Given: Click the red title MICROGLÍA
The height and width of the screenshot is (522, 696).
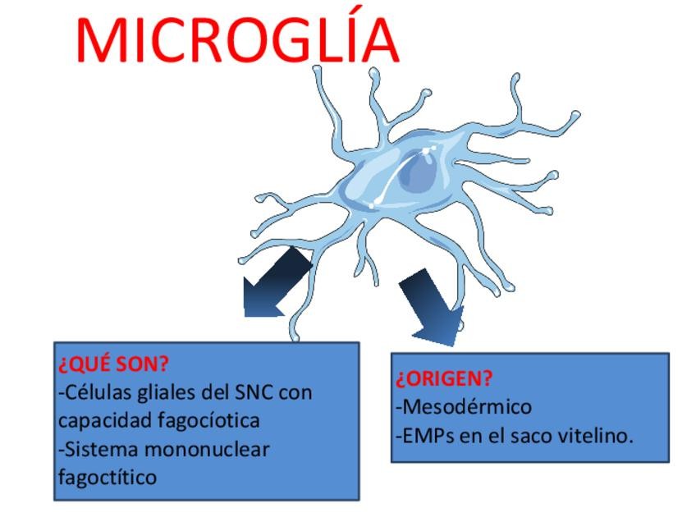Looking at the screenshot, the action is tap(237, 39).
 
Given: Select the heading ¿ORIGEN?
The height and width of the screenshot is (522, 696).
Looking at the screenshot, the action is tap(444, 379).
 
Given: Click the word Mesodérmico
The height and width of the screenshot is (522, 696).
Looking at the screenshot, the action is tap(466, 406).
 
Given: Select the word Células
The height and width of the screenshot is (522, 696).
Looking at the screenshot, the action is tap(92, 392).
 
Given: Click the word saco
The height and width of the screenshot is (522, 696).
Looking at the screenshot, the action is tap(534, 435).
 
